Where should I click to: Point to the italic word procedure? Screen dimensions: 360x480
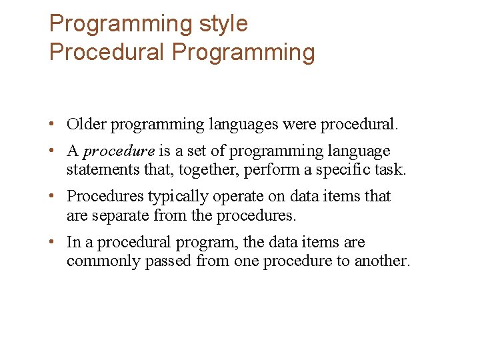[119, 151]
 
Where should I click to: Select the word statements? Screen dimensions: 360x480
[103, 169]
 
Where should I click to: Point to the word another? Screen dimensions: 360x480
[381, 261]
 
